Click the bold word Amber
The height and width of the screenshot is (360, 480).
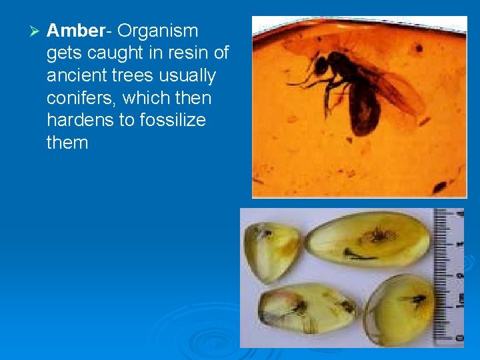pos(76,31)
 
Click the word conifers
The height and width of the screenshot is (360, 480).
pos(78,99)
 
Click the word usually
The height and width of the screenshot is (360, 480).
pos(188,76)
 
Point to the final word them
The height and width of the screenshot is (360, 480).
pos(67,143)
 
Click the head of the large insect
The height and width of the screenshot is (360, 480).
pos(321,65)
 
